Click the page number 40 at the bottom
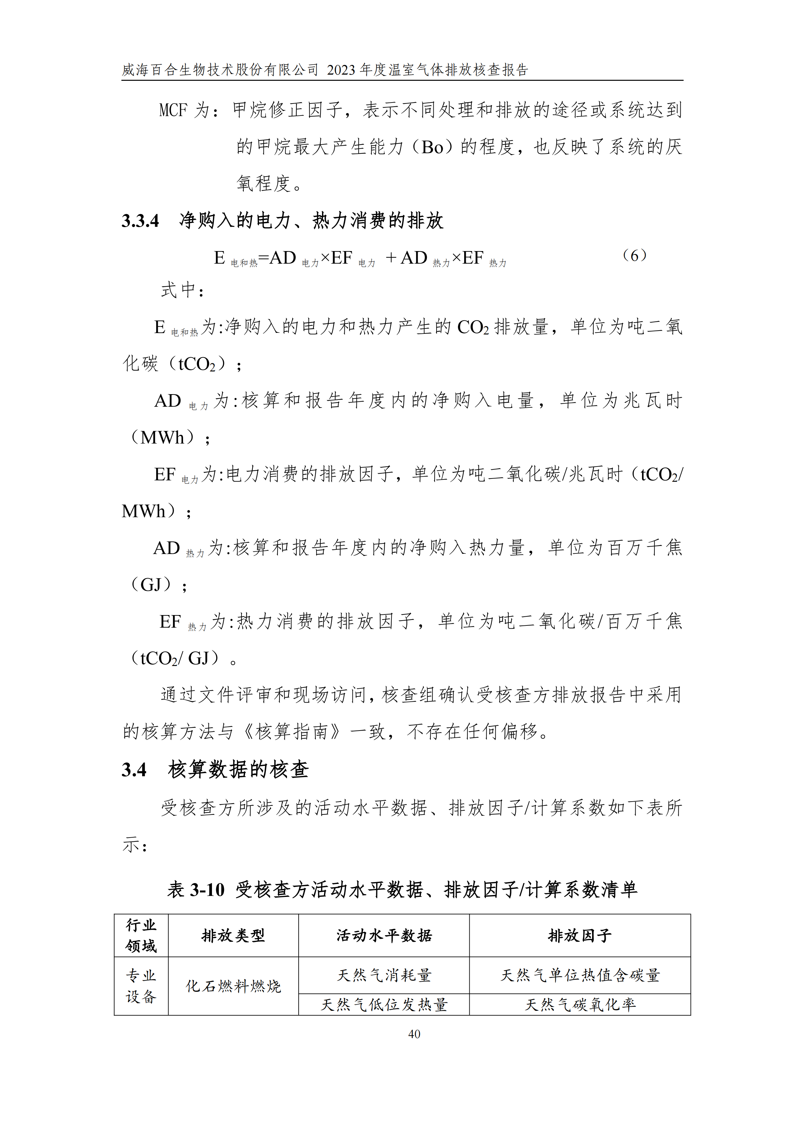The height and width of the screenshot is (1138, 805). coord(414,1034)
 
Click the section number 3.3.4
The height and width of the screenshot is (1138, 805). coord(140,221)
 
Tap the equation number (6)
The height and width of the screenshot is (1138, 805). coord(634,256)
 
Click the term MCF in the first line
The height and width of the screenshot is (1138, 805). coord(173,110)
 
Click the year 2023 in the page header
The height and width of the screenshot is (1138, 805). coord(341,70)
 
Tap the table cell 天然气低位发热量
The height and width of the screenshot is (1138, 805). coord(384,1005)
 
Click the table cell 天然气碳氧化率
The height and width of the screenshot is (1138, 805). coord(579,1005)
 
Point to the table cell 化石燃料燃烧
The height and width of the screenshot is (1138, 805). coord(233,986)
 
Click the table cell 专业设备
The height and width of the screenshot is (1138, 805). coord(141,986)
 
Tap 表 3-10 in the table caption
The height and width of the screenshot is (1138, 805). coord(196,890)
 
